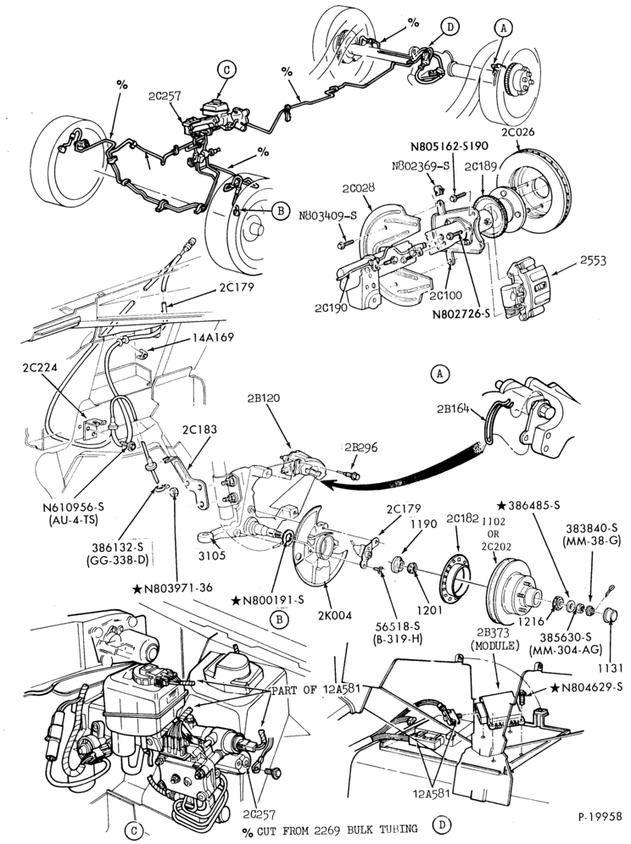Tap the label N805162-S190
click(x=450, y=147)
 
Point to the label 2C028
click(x=359, y=188)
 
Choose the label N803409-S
click(x=329, y=216)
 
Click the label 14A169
click(x=215, y=338)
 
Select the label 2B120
click(x=264, y=398)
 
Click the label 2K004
click(x=335, y=615)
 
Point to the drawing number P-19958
click(x=600, y=817)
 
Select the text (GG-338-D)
click(x=117, y=560)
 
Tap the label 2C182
click(x=462, y=519)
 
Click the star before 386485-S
click(x=501, y=505)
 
